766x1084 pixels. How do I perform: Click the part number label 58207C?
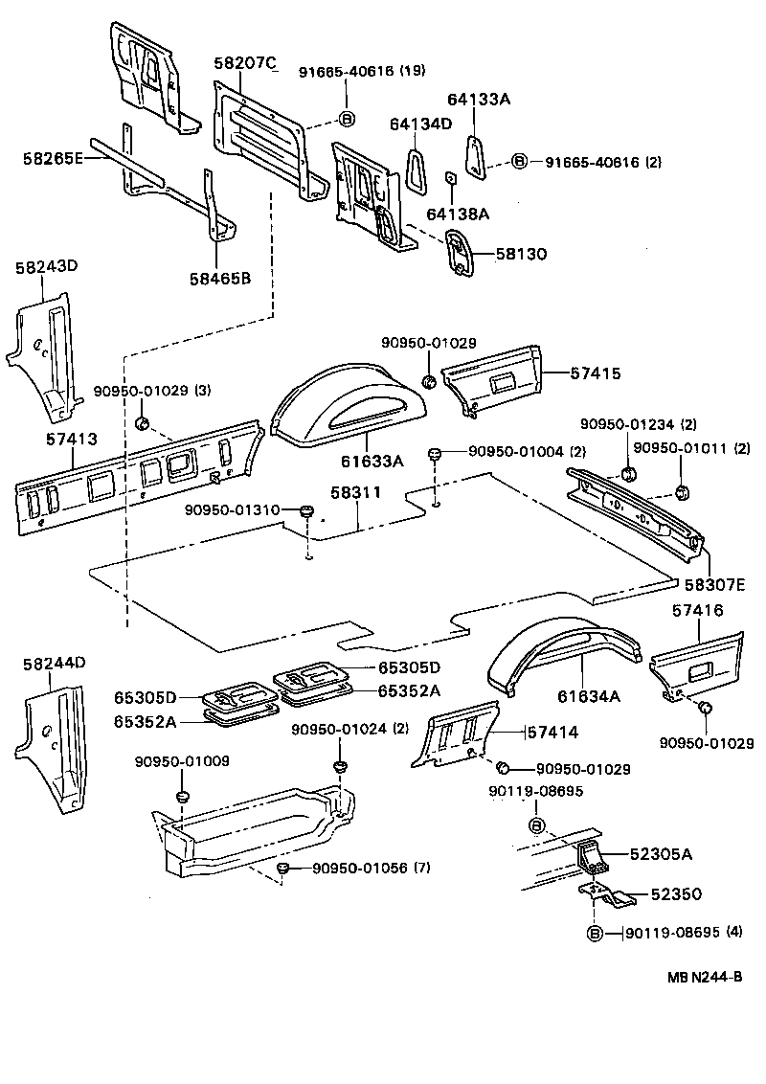coord(244,64)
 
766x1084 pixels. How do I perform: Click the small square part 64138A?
coord(449,178)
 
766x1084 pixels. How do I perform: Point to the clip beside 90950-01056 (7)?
coord(282,868)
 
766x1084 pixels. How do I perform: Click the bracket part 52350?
coord(607,899)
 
